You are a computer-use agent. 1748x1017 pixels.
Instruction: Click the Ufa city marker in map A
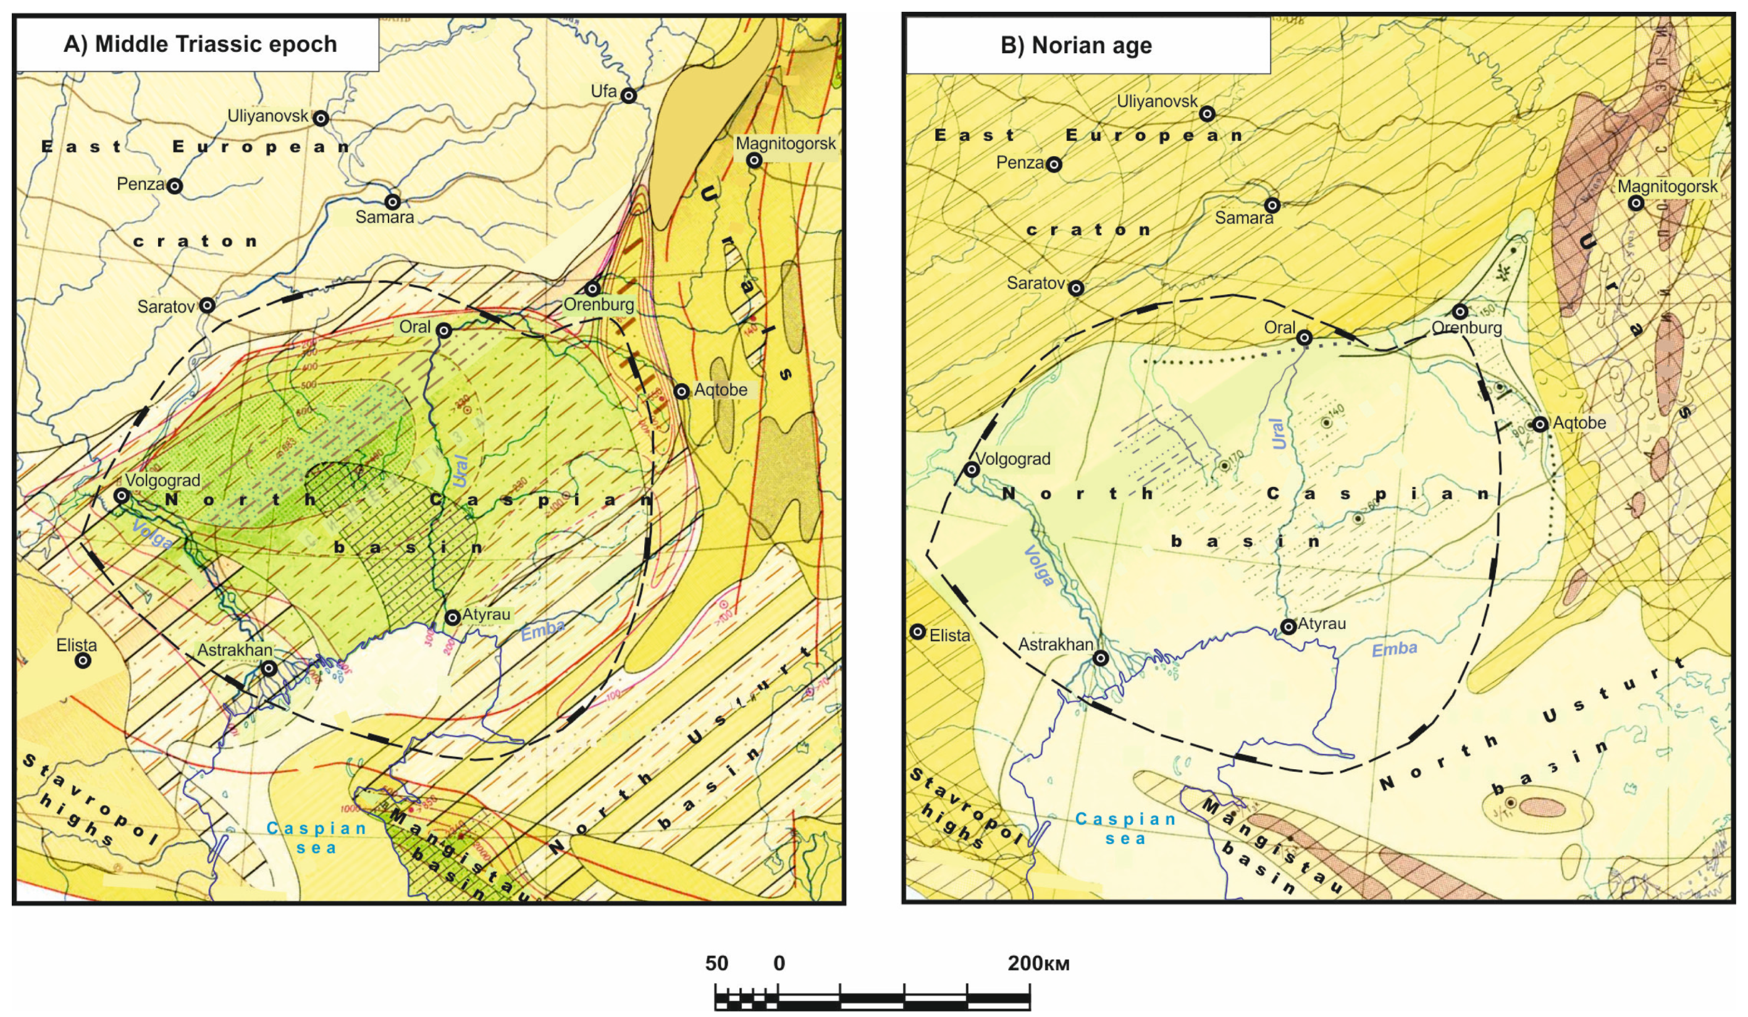(x=628, y=96)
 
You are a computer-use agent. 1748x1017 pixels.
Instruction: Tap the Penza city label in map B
(x=1020, y=163)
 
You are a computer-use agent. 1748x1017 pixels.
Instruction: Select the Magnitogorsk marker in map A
(x=754, y=160)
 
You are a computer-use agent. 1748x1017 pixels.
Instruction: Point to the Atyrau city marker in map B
(x=1288, y=627)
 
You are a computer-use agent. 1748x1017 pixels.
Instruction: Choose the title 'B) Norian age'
(x=1076, y=46)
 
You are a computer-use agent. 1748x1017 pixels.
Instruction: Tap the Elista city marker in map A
(x=83, y=660)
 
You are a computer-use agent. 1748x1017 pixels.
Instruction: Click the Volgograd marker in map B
(x=972, y=470)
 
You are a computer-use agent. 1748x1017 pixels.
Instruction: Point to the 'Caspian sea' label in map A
(x=316, y=837)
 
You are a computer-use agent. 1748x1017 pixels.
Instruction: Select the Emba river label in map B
(x=1394, y=649)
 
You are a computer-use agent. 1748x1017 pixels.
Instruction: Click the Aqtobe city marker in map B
(x=1540, y=424)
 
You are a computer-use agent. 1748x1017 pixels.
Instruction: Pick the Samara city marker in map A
(x=393, y=202)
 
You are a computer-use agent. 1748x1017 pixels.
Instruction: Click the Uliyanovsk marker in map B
(x=1208, y=114)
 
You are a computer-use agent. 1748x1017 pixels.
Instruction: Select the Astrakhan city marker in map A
(x=269, y=668)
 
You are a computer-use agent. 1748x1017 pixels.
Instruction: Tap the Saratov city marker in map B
(x=1076, y=288)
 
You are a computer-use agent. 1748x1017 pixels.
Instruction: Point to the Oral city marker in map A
(x=444, y=331)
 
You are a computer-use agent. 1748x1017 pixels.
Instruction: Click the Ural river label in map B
(x=1278, y=433)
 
